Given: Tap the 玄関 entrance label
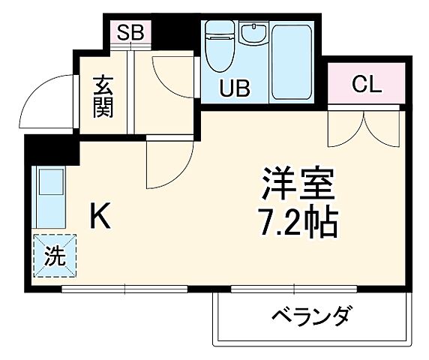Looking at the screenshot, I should tap(103, 97).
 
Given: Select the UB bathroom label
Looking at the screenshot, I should tap(234, 88).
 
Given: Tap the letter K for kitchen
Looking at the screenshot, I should tap(101, 217).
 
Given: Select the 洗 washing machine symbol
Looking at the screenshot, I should tap(53, 256).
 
